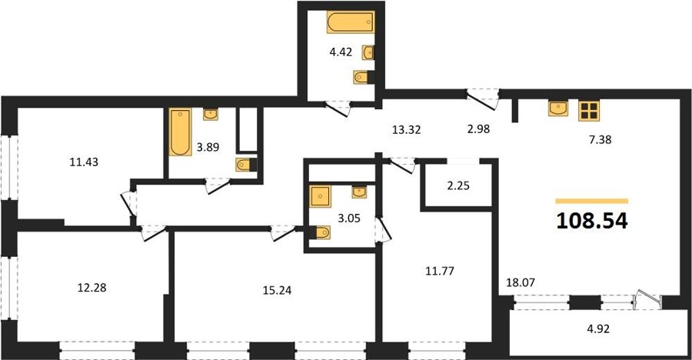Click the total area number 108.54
click(x=592, y=221)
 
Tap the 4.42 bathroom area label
click(x=341, y=52)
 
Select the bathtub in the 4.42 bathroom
click(x=351, y=22)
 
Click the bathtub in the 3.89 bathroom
click(x=180, y=132)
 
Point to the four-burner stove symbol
click(x=589, y=111)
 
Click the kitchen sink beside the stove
click(x=558, y=108)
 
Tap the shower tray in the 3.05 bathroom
click(x=320, y=197)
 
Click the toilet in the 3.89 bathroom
click(x=244, y=165)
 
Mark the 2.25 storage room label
click(x=458, y=186)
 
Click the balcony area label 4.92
click(x=598, y=329)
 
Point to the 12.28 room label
click(x=91, y=288)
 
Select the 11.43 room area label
click(x=84, y=162)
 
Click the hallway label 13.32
click(x=406, y=129)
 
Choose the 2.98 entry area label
click(x=478, y=129)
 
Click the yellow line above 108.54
click(x=592, y=201)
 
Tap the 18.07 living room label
click(x=521, y=282)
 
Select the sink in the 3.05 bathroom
click(x=359, y=192)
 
